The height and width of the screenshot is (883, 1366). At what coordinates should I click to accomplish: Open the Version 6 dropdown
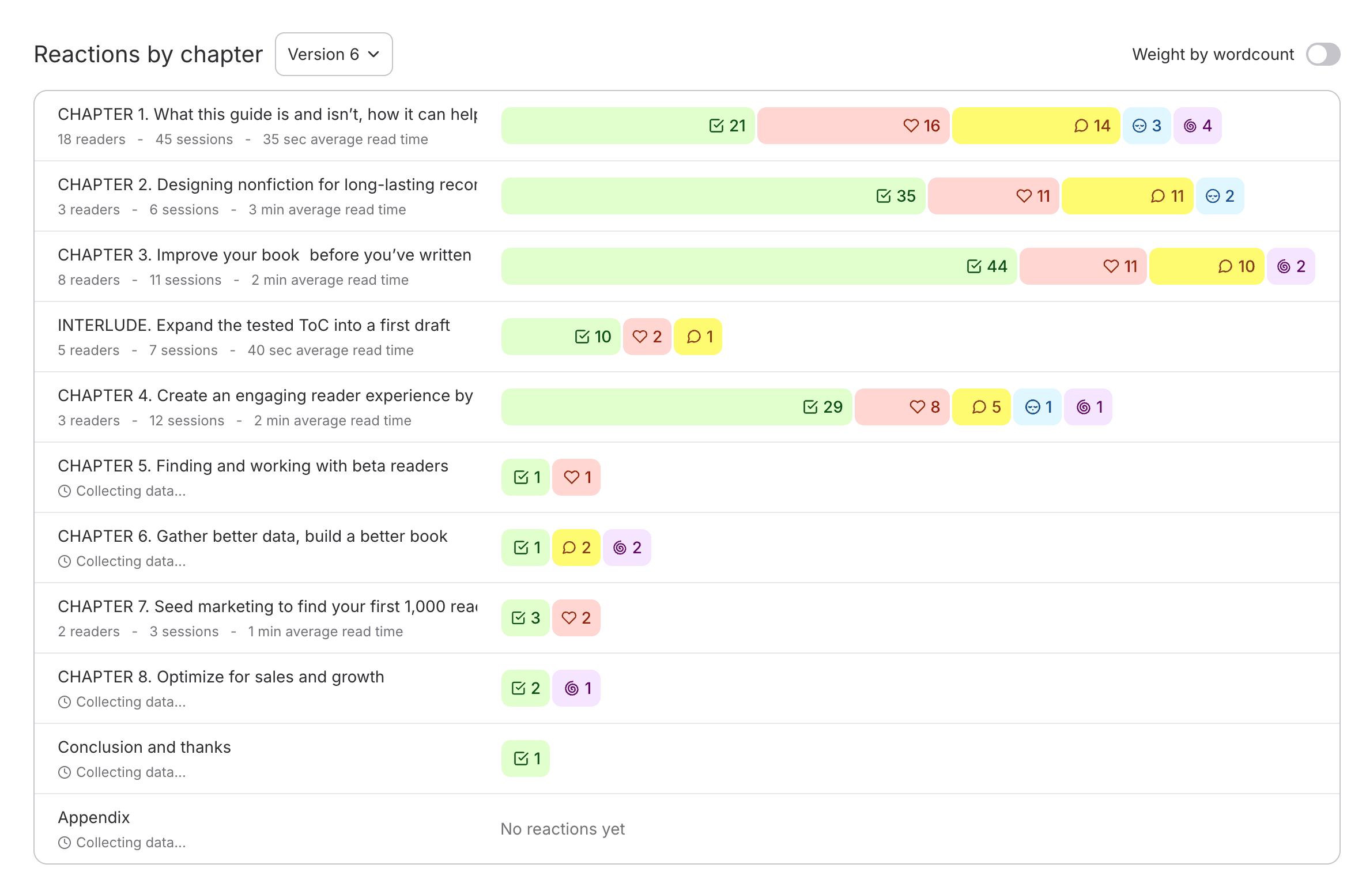tap(334, 54)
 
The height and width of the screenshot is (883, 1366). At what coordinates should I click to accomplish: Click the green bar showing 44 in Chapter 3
tap(759, 266)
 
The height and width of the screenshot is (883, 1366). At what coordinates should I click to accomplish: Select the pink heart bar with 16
tap(853, 126)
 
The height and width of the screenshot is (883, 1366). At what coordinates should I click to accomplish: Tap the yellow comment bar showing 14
tap(1036, 126)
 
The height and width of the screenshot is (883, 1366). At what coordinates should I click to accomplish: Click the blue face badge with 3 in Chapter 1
tap(1146, 126)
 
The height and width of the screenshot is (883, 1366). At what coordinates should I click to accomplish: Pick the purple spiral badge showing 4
tap(1197, 126)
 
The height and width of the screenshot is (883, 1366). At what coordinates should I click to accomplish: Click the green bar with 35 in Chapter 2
tap(713, 196)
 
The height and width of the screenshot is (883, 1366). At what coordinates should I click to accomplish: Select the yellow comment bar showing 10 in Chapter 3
tap(1206, 266)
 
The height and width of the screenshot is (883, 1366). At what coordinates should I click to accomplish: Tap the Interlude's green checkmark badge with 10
tap(561, 337)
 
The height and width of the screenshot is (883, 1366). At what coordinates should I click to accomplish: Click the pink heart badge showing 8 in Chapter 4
tap(902, 407)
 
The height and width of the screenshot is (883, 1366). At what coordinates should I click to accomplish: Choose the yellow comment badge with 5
tap(981, 407)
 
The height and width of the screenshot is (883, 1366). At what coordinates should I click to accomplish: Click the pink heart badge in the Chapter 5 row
tap(576, 477)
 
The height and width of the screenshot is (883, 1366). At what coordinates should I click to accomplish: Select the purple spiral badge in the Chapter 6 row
tap(627, 548)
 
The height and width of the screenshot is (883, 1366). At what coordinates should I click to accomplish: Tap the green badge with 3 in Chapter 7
tap(526, 618)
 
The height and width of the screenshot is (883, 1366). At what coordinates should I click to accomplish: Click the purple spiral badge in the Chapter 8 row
tap(576, 688)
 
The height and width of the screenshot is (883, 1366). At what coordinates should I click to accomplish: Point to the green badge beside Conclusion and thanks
tap(526, 759)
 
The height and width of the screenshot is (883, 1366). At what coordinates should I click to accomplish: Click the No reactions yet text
tap(563, 829)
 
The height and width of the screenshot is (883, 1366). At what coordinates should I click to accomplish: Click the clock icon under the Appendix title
tap(65, 843)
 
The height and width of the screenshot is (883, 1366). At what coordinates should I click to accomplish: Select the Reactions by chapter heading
tap(148, 54)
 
